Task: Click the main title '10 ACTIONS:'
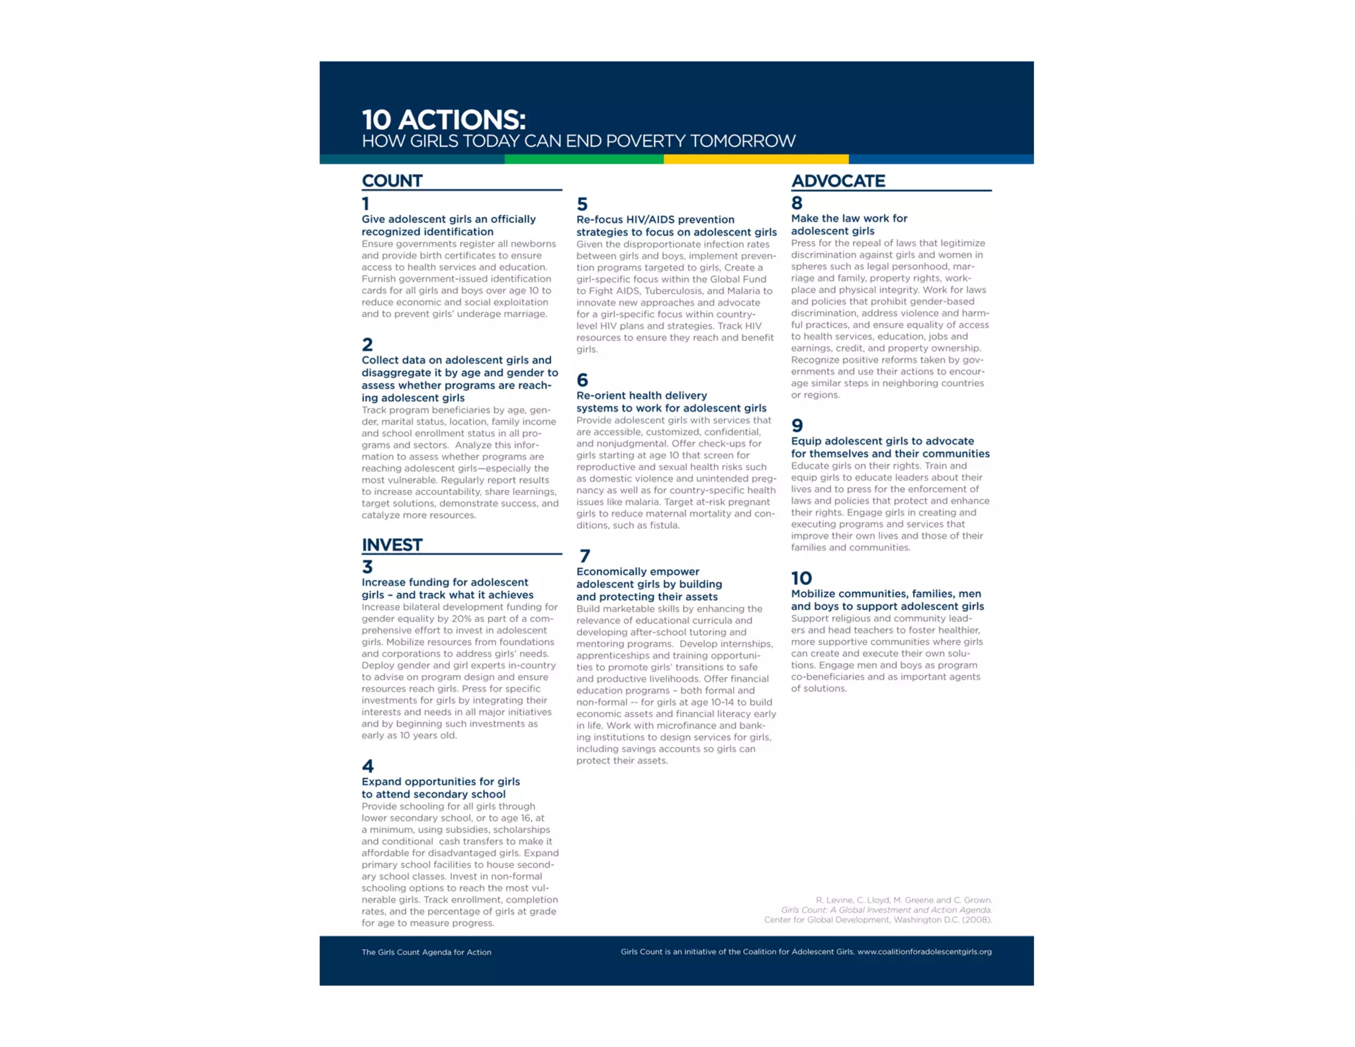443,120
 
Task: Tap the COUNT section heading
392,181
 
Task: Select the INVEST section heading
392,545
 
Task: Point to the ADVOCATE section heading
838,181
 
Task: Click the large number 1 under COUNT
365,204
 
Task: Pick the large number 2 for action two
367,344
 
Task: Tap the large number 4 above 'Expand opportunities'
368,766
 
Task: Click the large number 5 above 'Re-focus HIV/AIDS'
582,204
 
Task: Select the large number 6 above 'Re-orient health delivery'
582,380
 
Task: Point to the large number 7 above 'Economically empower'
584,556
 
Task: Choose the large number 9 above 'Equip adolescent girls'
797,426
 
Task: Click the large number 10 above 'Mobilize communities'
801,578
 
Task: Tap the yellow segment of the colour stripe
756,159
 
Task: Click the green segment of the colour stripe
584,159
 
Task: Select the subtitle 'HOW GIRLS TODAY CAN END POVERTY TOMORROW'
578,141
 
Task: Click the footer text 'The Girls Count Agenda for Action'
426,952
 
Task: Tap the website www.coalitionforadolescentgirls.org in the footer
924,952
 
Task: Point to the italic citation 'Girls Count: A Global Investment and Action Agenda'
886,910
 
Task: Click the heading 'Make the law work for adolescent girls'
849,224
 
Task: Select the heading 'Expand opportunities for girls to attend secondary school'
441,788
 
